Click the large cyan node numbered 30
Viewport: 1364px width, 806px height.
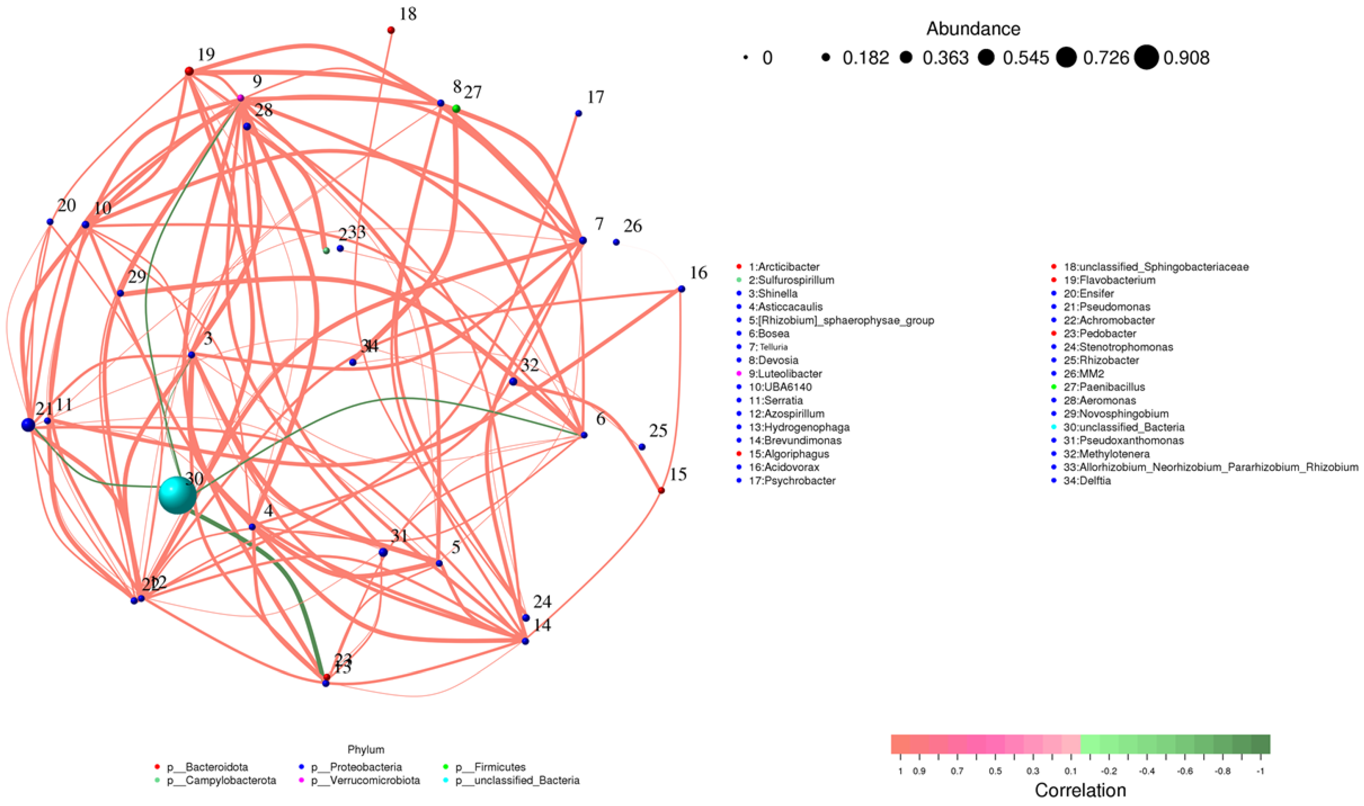(177, 495)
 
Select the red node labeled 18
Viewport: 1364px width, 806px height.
(391, 30)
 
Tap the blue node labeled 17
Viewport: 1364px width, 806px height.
(578, 113)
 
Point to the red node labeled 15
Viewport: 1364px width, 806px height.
(661, 490)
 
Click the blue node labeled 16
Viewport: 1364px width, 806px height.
(681, 289)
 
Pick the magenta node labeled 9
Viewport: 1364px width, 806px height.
(240, 98)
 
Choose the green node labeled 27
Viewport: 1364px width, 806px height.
(456, 109)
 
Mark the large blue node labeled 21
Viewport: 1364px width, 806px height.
(28, 425)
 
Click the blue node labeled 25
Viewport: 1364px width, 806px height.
(642, 447)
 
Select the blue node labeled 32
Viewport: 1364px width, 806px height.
(513, 381)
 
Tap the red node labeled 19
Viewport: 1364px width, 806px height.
(189, 71)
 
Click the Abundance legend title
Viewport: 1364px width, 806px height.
(973, 29)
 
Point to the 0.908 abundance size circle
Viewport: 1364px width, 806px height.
(1146, 58)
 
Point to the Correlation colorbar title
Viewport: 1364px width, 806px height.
(1080, 790)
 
